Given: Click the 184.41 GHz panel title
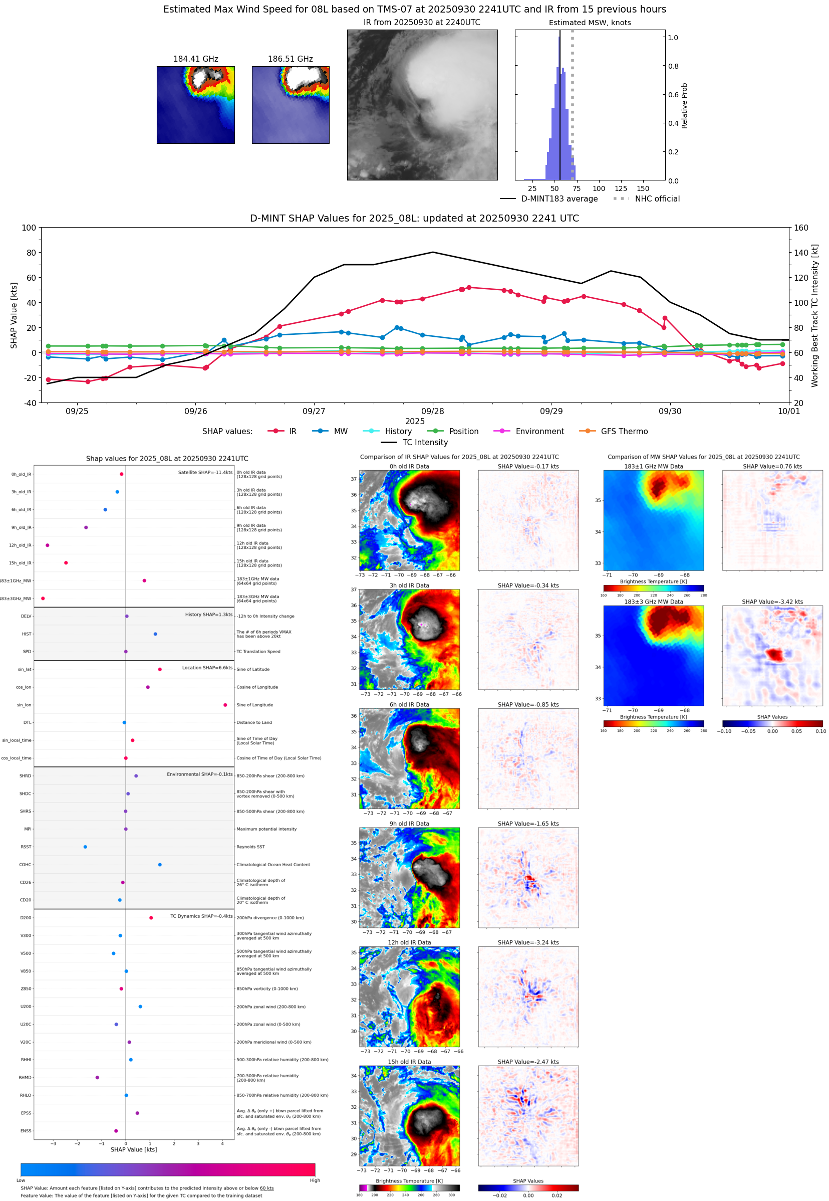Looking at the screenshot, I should pos(195,59).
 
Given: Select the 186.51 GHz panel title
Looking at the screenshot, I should pos(290,59).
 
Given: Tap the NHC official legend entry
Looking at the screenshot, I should pos(657,199).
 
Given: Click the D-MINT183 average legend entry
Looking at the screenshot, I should pos(559,199).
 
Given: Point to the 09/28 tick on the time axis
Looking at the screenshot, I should pos(432,411).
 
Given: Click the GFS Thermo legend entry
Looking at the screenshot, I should pos(624,432).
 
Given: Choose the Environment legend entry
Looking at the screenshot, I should pos(539,432).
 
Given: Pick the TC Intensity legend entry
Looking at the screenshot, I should pos(424,442).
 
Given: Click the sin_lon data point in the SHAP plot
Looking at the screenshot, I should pos(225,705).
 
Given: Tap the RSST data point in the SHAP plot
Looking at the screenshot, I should pos(85,847).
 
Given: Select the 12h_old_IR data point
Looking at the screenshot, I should pos(47,545).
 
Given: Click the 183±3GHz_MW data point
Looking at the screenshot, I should pos(43,598).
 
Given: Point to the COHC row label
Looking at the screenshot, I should pos(25,865).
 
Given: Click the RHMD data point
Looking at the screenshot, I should pos(97,1077).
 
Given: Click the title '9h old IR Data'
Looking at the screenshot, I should pos(409,824).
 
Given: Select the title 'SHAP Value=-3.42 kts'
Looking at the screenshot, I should pos(772,602).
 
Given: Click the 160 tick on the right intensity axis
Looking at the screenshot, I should pos(801,228).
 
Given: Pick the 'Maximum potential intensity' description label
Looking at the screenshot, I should pos(266,829).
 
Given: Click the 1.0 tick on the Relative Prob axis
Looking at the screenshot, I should pos(673,38).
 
